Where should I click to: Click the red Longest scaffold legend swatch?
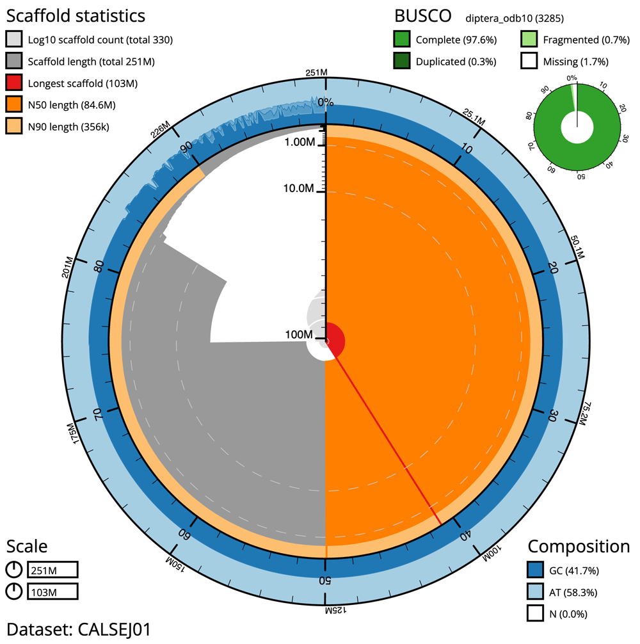click(x=15, y=83)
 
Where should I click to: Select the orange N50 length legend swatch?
click(x=15, y=105)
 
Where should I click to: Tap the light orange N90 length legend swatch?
click(x=15, y=127)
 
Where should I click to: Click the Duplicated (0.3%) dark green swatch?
click(x=402, y=62)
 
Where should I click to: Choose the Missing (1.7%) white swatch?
click(x=529, y=62)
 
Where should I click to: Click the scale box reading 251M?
click(x=52, y=570)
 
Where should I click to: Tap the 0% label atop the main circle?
click(x=326, y=102)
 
